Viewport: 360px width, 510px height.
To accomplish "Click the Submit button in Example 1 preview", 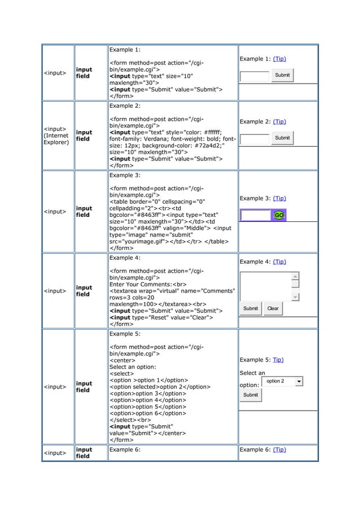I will click(x=282, y=75).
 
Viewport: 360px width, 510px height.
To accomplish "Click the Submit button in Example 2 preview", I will click(x=282, y=138).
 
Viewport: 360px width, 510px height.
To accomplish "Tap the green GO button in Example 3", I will click(x=279, y=215).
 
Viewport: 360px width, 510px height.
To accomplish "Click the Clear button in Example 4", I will click(x=273, y=308).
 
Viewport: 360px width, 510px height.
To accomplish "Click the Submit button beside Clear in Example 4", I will click(x=251, y=308).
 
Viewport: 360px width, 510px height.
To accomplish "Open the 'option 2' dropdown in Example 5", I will click(x=283, y=382).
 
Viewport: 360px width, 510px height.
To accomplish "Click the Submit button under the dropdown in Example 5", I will click(x=251, y=395).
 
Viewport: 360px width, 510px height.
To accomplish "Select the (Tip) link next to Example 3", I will click(x=279, y=198).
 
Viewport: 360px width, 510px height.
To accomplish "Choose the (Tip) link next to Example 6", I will click(x=279, y=450).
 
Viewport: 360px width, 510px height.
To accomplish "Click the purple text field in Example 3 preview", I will click(x=256, y=215).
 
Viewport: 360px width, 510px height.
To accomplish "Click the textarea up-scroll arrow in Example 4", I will click(x=295, y=276).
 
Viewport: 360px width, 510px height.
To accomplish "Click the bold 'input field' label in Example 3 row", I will click(x=84, y=212).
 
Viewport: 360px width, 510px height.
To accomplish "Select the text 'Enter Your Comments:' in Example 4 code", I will click(x=139, y=284).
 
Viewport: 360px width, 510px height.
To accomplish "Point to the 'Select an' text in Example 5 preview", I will click(x=252, y=373).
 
